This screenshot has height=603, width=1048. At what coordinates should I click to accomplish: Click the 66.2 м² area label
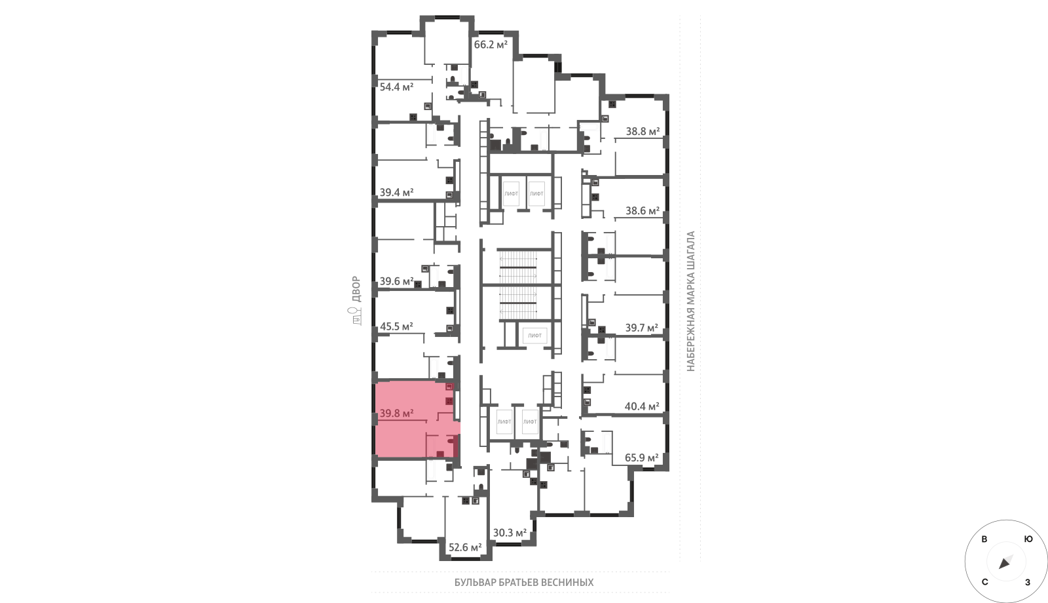tap(491, 45)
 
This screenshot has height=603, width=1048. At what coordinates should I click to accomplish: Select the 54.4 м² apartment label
tap(396, 87)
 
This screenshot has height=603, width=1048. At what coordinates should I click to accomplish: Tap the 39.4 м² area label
tap(396, 192)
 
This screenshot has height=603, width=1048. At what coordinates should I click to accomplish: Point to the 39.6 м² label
tap(396, 281)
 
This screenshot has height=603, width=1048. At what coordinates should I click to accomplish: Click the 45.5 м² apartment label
tap(396, 326)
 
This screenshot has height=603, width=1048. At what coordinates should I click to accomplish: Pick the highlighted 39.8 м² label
tap(396, 414)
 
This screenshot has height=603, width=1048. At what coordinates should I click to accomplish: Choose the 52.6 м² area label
tap(465, 547)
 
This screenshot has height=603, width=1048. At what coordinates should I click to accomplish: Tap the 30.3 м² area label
tap(510, 533)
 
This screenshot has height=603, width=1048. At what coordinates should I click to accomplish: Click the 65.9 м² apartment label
tap(642, 457)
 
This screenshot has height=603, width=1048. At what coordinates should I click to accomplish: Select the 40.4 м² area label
tap(642, 406)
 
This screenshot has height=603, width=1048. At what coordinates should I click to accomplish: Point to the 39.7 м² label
tap(642, 328)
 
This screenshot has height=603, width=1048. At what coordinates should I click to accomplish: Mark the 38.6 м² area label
tap(643, 210)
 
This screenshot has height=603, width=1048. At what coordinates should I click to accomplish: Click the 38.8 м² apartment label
tap(643, 131)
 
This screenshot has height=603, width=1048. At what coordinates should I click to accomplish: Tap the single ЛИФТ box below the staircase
tap(534, 335)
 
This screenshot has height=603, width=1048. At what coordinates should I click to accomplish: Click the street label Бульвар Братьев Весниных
tap(524, 583)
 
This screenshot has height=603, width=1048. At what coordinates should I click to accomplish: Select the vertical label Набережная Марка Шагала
tap(690, 301)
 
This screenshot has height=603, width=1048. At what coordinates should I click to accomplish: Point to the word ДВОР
tap(356, 289)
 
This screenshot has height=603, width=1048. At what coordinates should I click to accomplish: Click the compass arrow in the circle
tap(1005, 562)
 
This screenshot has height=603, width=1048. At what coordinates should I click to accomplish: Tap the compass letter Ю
tap(1028, 539)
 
